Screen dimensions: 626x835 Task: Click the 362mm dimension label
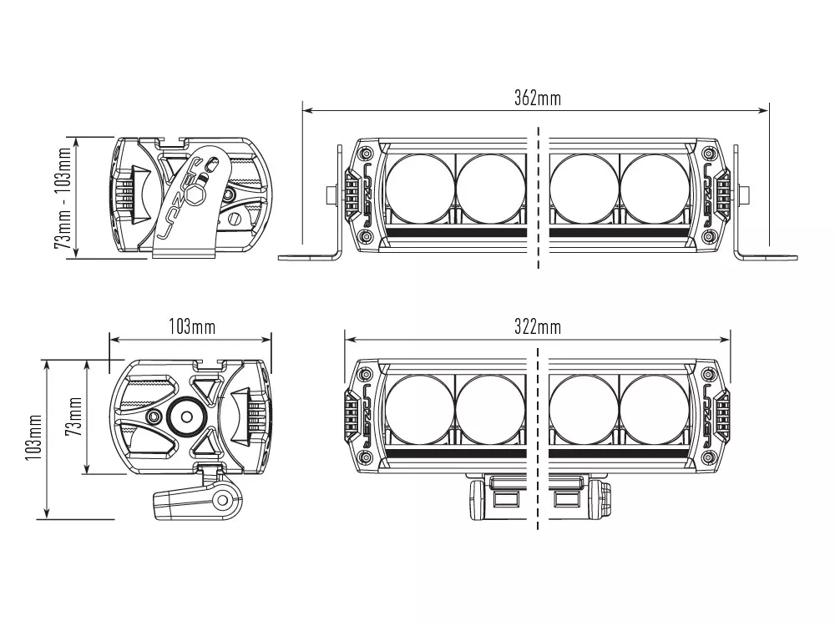coord(537,98)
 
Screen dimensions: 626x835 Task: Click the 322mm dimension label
coord(537,326)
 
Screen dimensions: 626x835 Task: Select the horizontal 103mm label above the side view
coord(191,326)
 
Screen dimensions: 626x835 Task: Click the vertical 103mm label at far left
coord(34,440)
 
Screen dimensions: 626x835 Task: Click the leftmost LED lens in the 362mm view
coord(420,188)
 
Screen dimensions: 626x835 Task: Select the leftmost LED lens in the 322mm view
coord(420,409)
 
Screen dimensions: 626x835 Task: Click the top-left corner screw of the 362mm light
coord(365,153)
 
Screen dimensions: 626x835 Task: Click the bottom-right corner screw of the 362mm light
coord(709,237)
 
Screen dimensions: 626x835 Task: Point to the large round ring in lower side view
coord(185,416)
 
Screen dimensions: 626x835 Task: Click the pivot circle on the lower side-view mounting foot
coord(222,501)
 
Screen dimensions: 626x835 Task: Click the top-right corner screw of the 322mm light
coord(709,374)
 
